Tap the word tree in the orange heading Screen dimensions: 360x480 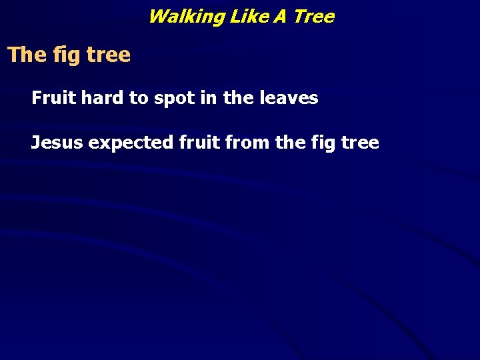pos(108,55)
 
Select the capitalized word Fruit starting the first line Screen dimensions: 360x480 pos(54,98)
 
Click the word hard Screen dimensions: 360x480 pos(103,98)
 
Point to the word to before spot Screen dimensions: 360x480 pos(139,99)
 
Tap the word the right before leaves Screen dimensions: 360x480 pos(238,98)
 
